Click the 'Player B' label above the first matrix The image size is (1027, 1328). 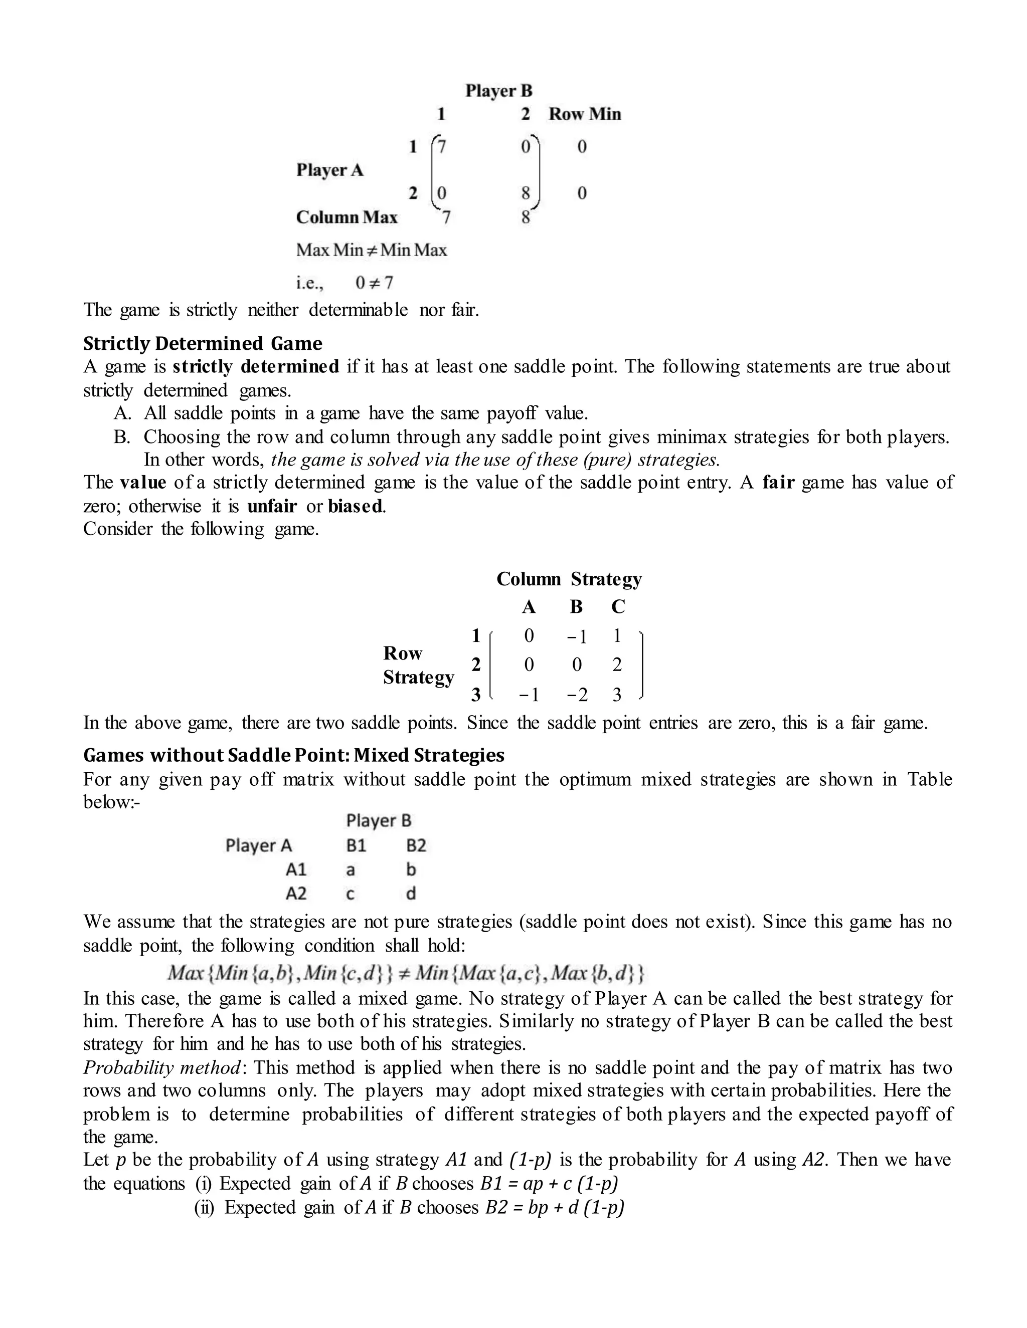pyautogui.click(x=498, y=91)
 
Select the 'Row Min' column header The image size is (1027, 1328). pyautogui.click(x=585, y=114)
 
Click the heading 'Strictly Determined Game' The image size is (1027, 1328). pyautogui.click(x=203, y=344)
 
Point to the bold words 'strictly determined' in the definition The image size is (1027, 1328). pyautogui.click(x=256, y=367)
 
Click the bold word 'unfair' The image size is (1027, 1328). pyautogui.click(x=272, y=506)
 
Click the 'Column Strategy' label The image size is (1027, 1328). pyautogui.click(x=569, y=579)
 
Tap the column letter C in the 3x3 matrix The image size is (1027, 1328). pyautogui.click(x=617, y=607)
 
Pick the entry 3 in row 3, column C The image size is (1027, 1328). pyautogui.click(x=617, y=695)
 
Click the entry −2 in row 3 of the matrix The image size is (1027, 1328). pyautogui.click(x=577, y=695)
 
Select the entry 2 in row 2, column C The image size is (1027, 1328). pyautogui.click(x=617, y=665)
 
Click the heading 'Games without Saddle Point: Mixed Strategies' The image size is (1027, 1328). pyautogui.click(x=294, y=755)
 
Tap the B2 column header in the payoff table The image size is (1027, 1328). pyautogui.click(x=416, y=845)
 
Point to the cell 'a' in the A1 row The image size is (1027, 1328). pyautogui.click(x=351, y=870)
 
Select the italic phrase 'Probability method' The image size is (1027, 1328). pyautogui.click(x=162, y=1068)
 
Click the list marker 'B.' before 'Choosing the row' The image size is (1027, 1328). pyautogui.click(x=122, y=437)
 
